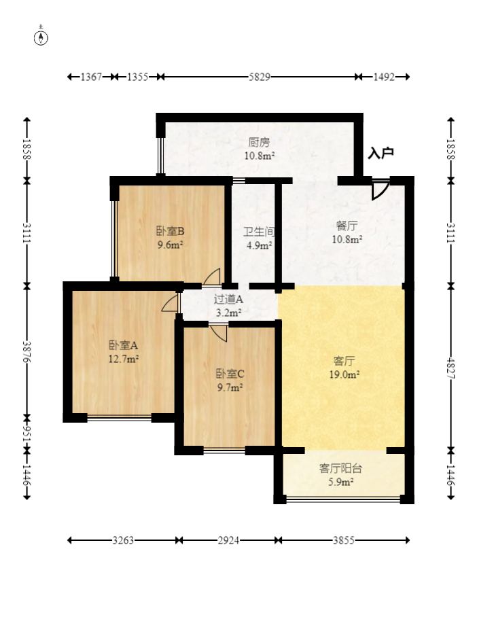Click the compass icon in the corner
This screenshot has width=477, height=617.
[x=41, y=36]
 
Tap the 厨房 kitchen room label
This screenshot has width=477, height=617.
[x=259, y=141]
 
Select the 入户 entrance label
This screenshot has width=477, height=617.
[x=381, y=153]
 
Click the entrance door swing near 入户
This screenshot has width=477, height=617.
[x=381, y=190]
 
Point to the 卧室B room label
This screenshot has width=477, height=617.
[x=170, y=230]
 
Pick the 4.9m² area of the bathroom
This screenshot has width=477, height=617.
[x=260, y=245]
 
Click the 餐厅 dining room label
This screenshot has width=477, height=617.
[x=347, y=226]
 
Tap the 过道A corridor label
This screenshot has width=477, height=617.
[x=228, y=300]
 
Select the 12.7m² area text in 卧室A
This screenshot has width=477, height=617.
[x=124, y=359]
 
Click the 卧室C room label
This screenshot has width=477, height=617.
[x=230, y=373]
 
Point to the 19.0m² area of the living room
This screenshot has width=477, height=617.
[x=344, y=374]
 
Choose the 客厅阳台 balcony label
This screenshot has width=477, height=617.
[x=340, y=468]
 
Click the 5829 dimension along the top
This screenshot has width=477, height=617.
[x=260, y=77]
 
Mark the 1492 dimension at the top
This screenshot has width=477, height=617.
[x=384, y=77]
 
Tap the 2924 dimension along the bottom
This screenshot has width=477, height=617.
[x=229, y=540]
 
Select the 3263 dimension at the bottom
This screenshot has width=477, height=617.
[x=123, y=540]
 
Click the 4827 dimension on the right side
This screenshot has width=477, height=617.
[x=451, y=368]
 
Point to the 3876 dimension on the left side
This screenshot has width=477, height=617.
[x=26, y=351]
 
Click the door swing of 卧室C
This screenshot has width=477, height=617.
[x=218, y=333]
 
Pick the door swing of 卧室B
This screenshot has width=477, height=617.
[x=212, y=277]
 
